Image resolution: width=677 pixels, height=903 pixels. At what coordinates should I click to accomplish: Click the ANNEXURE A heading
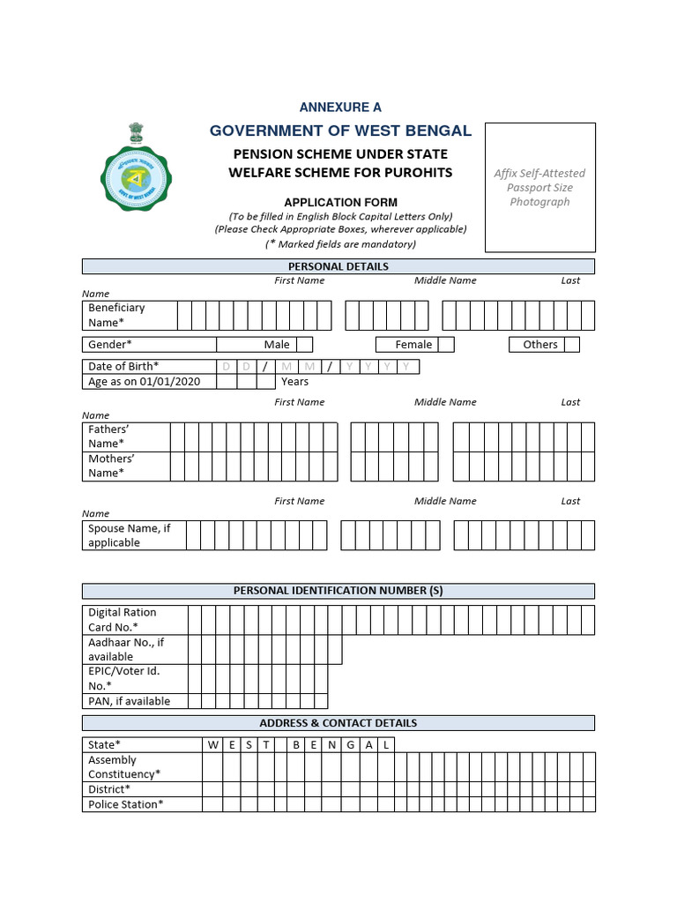point(340,108)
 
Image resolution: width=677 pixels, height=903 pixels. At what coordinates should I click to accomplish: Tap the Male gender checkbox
point(304,345)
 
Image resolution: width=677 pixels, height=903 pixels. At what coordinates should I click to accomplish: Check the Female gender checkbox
point(446,345)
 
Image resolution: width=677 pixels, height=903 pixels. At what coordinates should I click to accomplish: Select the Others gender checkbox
point(572,345)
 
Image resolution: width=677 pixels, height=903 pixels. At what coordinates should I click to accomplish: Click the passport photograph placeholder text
point(539,188)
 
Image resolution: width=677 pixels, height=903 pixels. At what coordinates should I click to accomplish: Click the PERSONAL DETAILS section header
point(338,266)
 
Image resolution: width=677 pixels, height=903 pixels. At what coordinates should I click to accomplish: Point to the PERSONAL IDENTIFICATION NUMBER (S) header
point(338,591)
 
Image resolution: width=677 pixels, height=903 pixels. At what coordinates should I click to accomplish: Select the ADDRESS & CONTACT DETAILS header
point(338,723)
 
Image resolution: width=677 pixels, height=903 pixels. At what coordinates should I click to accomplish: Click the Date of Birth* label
point(123,366)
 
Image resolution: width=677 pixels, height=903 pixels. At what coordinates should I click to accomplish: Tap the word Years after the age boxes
point(294,382)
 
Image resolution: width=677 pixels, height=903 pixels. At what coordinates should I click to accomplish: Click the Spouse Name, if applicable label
point(129,535)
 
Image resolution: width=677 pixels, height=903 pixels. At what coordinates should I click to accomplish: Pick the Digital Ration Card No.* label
point(123,620)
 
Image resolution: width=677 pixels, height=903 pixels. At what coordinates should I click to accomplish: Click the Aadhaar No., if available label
point(126,650)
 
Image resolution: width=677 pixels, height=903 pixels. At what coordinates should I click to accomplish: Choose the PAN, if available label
point(129,701)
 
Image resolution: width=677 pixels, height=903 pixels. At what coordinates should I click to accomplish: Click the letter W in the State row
point(213,745)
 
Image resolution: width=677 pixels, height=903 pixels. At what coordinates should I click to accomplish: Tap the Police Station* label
point(125,804)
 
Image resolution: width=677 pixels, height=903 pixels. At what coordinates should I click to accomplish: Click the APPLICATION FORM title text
point(340,203)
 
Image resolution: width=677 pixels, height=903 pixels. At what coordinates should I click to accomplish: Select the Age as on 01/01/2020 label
point(144,382)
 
